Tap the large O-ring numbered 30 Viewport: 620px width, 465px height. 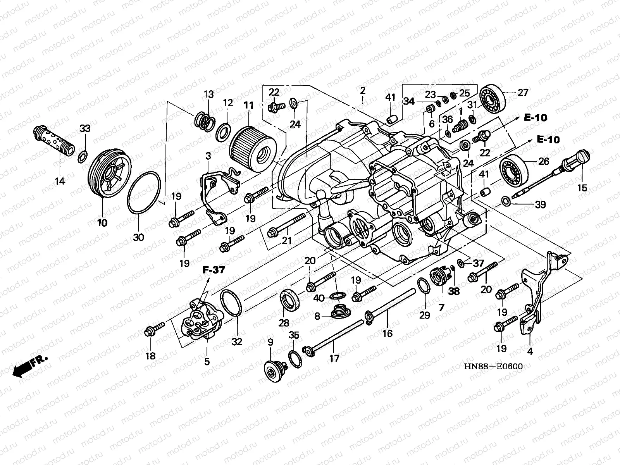tap(144, 192)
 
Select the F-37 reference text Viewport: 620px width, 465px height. tap(214, 270)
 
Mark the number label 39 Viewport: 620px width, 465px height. tap(540, 205)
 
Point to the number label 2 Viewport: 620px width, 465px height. tap(363, 91)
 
